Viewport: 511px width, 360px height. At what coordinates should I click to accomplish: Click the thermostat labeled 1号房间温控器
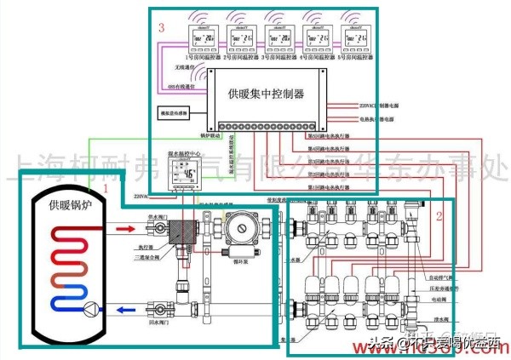(201, 38)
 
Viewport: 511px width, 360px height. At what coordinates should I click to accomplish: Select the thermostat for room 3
(281, 38)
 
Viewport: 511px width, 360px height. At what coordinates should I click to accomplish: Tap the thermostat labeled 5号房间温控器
(358, 38)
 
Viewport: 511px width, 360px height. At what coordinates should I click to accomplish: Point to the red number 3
(161, 28)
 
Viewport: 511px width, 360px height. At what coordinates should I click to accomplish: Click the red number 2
(439, 215)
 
